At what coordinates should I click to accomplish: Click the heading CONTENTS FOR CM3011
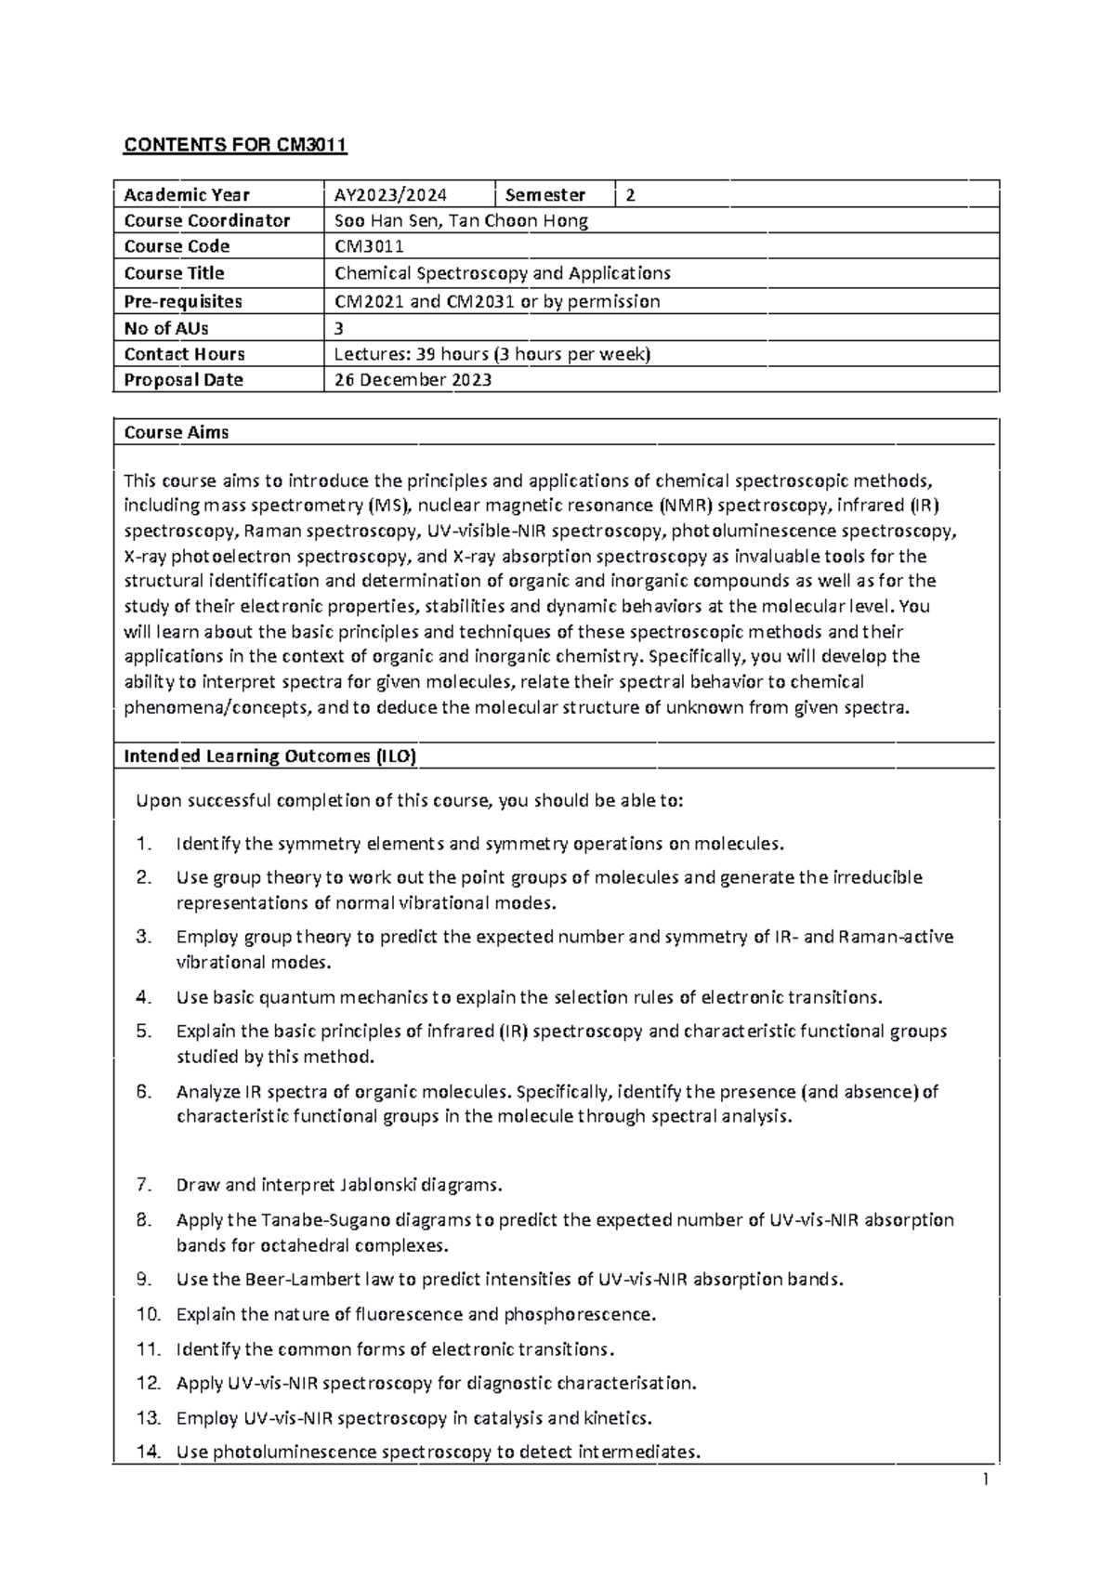235,145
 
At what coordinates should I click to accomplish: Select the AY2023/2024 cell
391,195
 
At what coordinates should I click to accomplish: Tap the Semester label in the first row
545,195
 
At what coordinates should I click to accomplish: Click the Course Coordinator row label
207,221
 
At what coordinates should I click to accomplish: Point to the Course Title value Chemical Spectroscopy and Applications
503,273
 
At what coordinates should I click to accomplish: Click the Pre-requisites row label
183,301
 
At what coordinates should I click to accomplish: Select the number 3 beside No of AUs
339,328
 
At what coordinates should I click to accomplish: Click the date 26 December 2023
413,380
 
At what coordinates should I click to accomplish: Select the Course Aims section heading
177,432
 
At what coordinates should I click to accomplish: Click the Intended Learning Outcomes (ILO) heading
270,756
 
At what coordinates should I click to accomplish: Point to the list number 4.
143,997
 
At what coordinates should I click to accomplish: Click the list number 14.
149,1452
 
